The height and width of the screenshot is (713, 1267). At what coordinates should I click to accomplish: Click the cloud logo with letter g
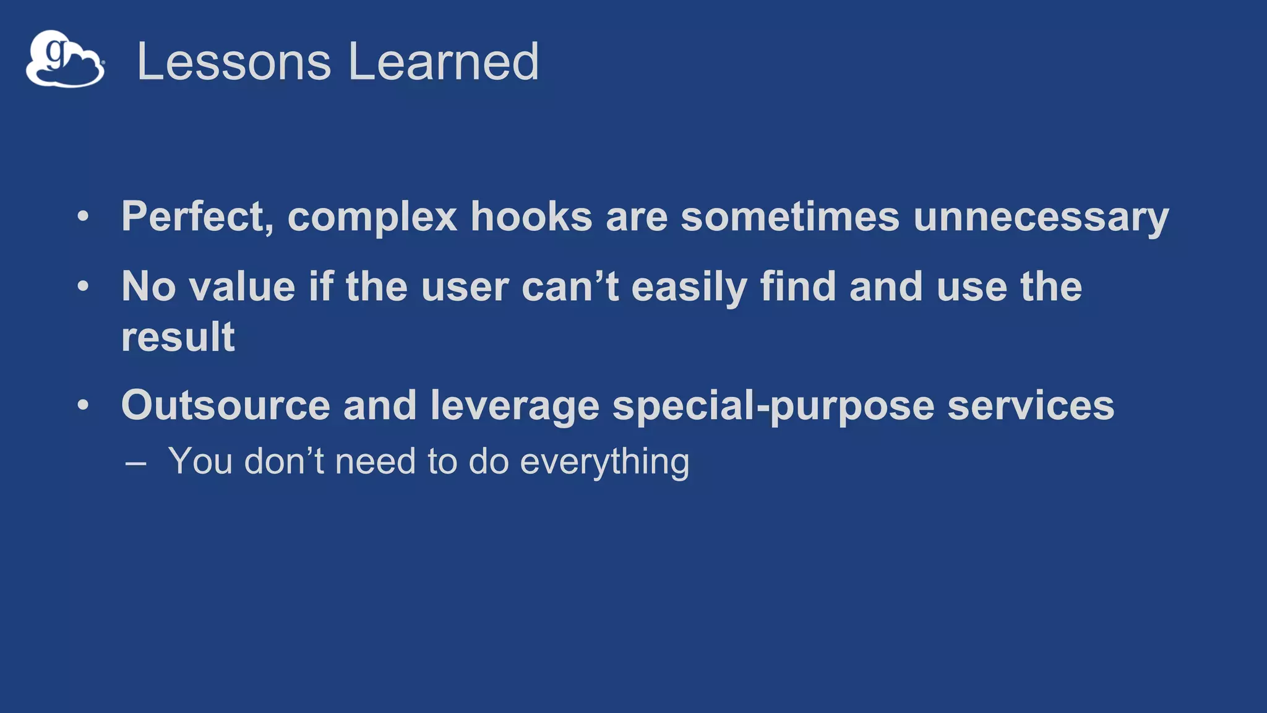point(65,59)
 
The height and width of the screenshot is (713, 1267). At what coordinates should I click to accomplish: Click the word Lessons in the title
point(234,61)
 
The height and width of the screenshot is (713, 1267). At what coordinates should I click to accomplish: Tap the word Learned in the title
point(443,61)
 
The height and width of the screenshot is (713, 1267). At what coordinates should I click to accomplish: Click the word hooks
point(531,217)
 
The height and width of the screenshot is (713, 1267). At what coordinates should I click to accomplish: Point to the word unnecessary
point(1041,218)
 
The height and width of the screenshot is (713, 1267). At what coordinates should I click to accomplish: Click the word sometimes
point(789,217)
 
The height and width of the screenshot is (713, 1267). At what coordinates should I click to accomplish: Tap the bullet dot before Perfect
point(83,217)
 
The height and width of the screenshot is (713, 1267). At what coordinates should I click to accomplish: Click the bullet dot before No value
point(83,287)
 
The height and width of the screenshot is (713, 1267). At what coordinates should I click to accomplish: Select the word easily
point(689,288)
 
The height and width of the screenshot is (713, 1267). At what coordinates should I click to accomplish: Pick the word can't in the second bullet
point(570,287)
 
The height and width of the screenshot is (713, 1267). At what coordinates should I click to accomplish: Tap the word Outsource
point(225,405)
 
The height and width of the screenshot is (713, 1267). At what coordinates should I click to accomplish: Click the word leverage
point(515,407)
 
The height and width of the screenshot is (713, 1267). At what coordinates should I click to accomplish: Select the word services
point(1031,405)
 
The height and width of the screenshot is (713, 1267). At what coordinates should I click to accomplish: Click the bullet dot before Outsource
point(83,405)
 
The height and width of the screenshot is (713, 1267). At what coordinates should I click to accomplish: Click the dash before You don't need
point(135,463)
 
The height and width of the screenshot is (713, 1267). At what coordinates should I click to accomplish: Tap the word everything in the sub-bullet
point(604,462)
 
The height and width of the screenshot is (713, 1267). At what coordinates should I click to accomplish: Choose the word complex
point(372,218)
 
